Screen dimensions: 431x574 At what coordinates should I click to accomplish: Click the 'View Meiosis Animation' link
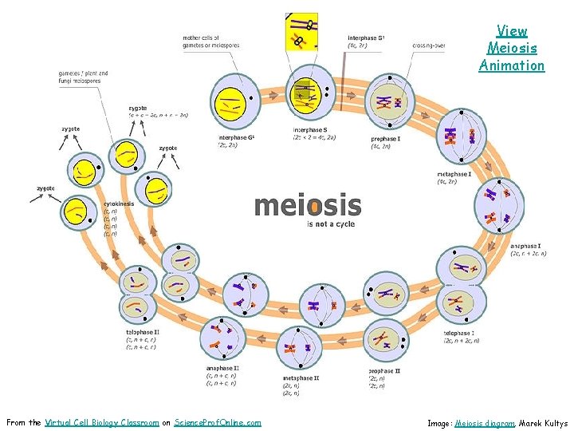click(x=512, y=48)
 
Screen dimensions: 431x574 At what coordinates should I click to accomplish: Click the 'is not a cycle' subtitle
click(x=331, y=224)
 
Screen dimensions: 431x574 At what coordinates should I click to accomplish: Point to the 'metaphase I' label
click(x=454, y=174)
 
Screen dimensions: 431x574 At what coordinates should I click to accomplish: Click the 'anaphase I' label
click(x=527, y=246)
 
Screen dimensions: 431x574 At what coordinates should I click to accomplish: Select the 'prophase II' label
click(x=384, y=371)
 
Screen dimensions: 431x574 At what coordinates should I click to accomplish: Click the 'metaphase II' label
click(x=301, y=378)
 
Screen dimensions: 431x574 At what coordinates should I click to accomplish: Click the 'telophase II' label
click(x=143, y=332)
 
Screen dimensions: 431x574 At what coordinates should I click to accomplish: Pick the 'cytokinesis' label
click(x=119, y=204)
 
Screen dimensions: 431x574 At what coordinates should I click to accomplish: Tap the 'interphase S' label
click(x=309, y=129)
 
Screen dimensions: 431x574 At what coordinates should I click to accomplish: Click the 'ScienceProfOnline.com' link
click(x=217, y=422)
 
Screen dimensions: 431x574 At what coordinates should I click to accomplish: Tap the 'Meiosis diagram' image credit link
click(x=486, y=423)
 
